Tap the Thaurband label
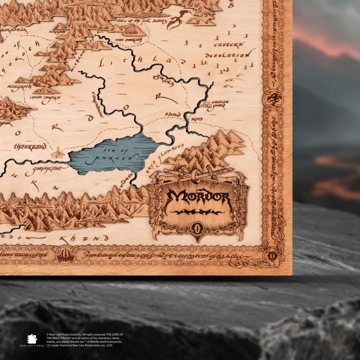[x=30, y=147]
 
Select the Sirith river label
[x=164, y=80]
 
